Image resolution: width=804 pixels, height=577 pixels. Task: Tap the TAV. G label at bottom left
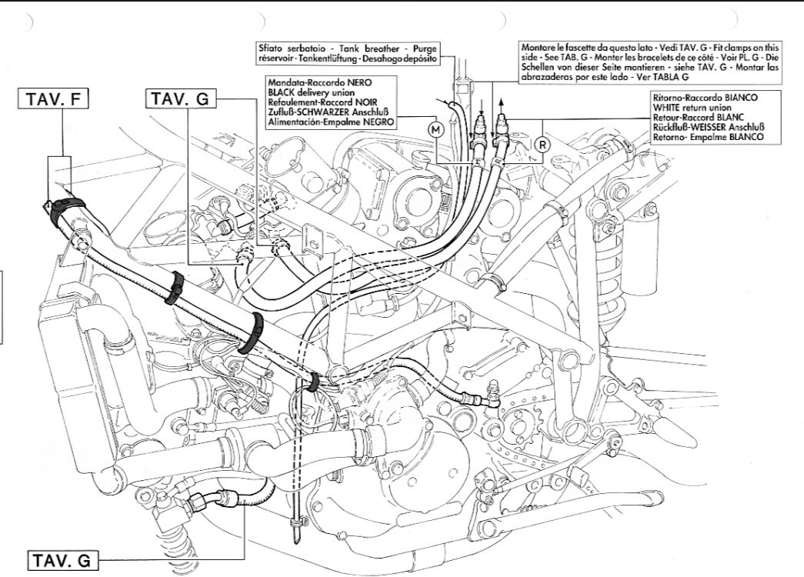64,561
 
